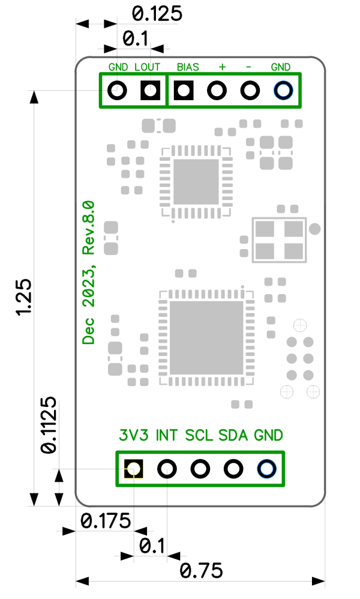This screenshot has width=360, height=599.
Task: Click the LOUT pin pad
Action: [150, 91]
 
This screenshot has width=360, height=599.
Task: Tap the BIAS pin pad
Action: [184, 91]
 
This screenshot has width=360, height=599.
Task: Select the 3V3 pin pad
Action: [133, 468]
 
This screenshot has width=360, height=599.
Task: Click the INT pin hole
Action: [167, 468]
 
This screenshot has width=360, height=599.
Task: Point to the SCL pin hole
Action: [200, 468]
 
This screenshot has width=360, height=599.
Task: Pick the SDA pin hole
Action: [233, 468]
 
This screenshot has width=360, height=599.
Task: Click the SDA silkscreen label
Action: [233, 435]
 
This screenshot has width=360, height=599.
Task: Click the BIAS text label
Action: [188, 67]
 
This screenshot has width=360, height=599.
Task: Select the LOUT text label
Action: [148, 67]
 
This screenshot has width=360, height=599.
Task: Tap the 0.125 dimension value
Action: [156, 14]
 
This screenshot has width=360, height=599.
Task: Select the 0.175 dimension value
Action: [106, 521]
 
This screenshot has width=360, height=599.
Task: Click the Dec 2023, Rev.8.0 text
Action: [89, 272]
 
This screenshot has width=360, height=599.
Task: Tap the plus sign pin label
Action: [222, 67]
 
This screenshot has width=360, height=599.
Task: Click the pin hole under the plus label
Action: [217, 91]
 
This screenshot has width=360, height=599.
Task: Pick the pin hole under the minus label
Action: [249, 91]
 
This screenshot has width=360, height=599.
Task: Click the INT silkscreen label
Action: [167, 435]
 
